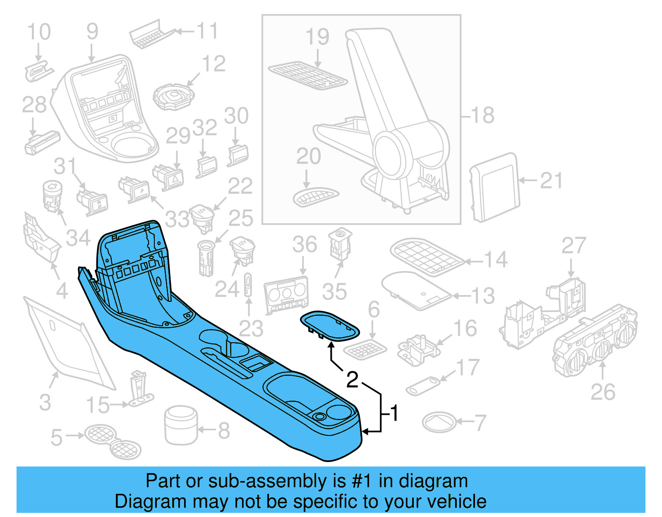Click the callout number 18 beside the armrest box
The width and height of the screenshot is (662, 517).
pyautogui.click(x=482, y=115)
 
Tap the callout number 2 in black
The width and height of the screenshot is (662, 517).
pyautogui.click(x=352, y=380)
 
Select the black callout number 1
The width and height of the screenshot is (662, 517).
pyautogui.click(x=394, y=413)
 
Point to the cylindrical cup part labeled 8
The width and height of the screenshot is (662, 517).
pyautogui.click(x=181, y=425)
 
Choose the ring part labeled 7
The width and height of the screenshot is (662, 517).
pyautogui.click(x=439, y=423)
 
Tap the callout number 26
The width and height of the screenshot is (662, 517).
pyautogui.click(x=603, y=392)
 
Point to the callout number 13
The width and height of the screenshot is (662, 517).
pyautogui.click(x=483, y=296)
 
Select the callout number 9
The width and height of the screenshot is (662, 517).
pyautogui.click(x=92, y=31)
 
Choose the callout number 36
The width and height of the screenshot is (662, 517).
pyautogui.click(x=305, y=244)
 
